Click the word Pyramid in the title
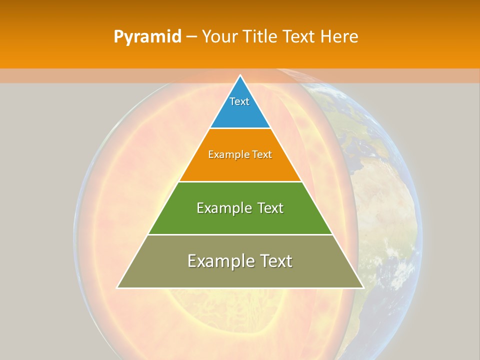point(147,36)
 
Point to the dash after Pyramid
point(191,37)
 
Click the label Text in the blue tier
point(239,101)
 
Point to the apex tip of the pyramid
point(240,76)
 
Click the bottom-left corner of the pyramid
point(118,287)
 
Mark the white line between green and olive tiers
point(240,234)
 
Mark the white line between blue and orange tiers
point(240,128)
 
